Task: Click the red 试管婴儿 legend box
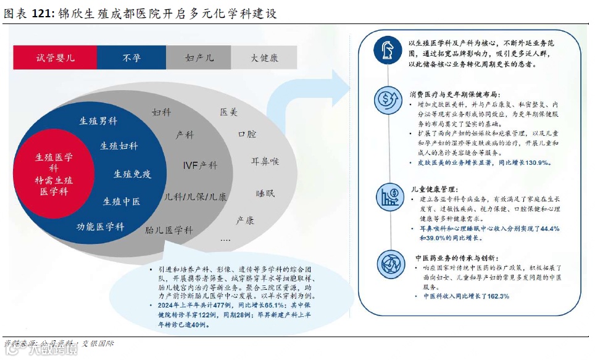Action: click(56, 57)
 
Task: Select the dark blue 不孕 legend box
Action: click(131, 57)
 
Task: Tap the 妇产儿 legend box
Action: click(199, 57)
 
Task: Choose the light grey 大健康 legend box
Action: click(264, 57)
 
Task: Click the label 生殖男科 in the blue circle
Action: click(98, 121)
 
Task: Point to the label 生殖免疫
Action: click(132, 174)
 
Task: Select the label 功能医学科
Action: click(100, 227)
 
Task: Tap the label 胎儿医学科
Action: click(169, 230)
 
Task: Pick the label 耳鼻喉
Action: click(265, 161)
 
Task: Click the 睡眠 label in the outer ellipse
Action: click(265, 193)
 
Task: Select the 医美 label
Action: click(228, 112)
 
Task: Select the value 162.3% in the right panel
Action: click(494, 296)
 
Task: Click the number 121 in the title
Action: click(45, 12)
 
